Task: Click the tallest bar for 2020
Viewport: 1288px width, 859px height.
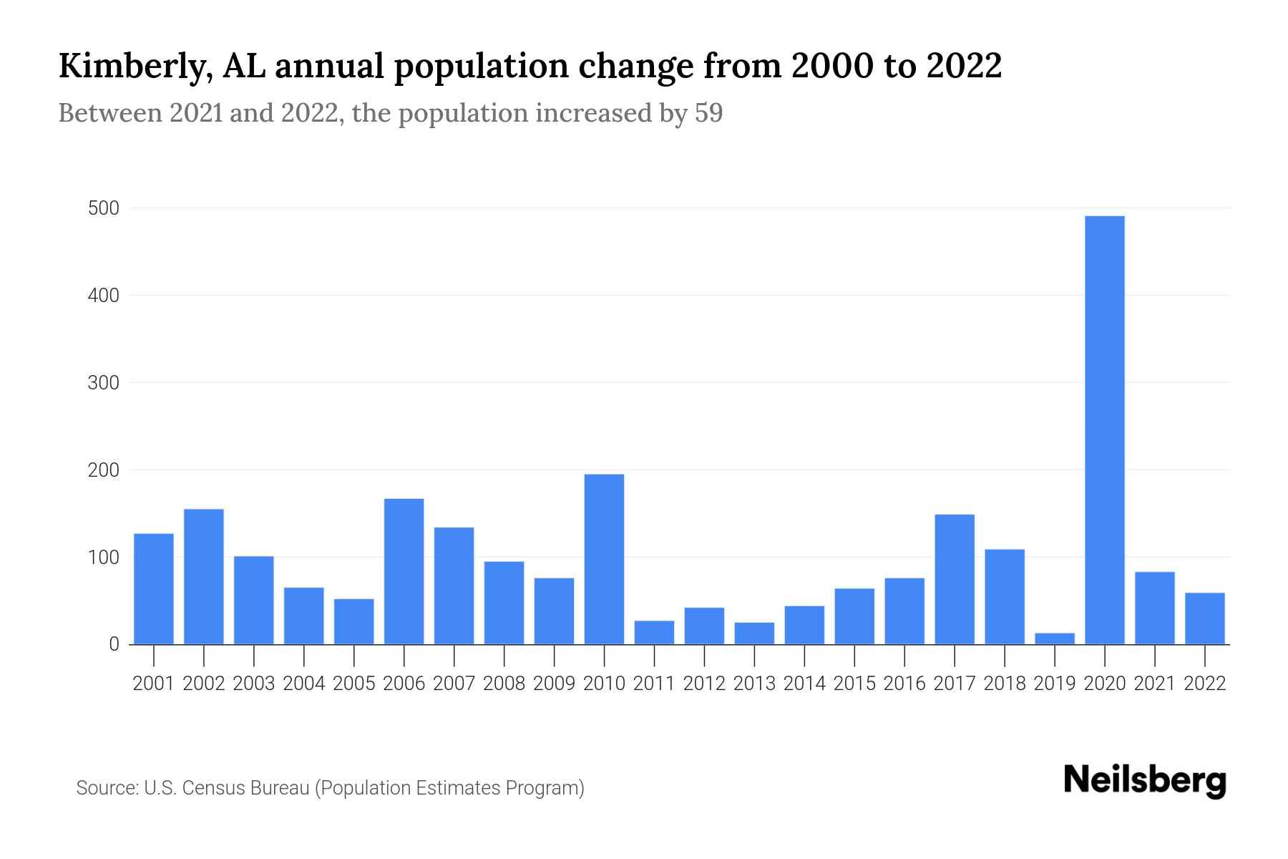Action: click(x=1104, y=429)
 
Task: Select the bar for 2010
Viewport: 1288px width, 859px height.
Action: click(x=604, y=559)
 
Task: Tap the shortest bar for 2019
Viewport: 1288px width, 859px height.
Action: click(x=1054, y=639)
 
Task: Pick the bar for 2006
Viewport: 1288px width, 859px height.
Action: click(x=404, y=571)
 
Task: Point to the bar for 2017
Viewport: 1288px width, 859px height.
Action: click(x=954, y=579)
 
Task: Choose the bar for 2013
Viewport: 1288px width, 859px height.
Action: click(x=754, y=634)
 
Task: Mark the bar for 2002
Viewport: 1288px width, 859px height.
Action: click(x=204, y=576)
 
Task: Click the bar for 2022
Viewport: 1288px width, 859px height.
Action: click(x=1204, y=618)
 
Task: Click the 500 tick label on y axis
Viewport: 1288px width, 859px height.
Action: click(x=103, y=208)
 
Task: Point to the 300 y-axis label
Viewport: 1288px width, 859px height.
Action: click(x=103, y=383)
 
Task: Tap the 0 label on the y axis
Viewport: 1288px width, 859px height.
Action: click(x=114, y=644)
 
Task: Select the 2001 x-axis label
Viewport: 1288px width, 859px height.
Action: click(x=154, y=684)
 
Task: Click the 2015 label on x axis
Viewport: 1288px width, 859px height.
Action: click(x=854, y=684)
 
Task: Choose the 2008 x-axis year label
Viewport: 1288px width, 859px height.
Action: click(x=504, y=684)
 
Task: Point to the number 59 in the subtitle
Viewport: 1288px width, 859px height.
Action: click(x=708, y=113)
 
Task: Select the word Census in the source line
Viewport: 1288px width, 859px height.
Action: click(x=209, y=788)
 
